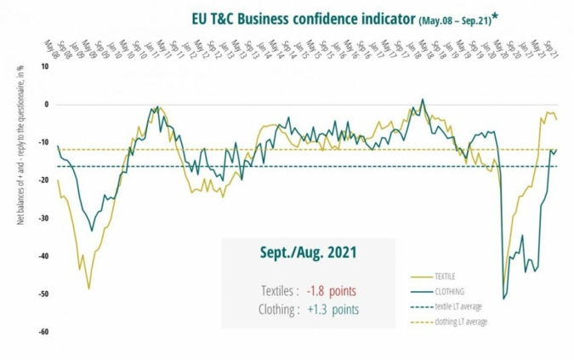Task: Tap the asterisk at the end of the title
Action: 495,15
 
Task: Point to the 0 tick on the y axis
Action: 45,105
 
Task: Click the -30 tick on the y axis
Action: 43,219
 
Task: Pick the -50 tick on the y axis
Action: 43,294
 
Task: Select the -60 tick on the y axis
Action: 43,332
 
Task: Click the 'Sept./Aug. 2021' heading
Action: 308,253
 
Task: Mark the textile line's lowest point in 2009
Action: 88,289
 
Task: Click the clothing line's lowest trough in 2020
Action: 504,298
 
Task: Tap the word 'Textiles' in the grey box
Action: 277,289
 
